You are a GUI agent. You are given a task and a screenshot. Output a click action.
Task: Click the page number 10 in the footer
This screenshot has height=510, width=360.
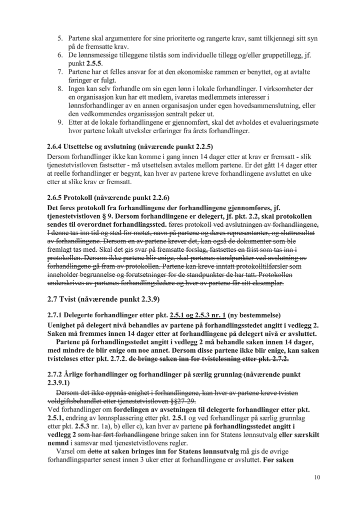point(317,477)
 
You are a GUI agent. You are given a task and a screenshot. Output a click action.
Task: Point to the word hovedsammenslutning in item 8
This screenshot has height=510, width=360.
point(275,106)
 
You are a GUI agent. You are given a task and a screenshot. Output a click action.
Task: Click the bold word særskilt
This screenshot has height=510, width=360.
point(292,435)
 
